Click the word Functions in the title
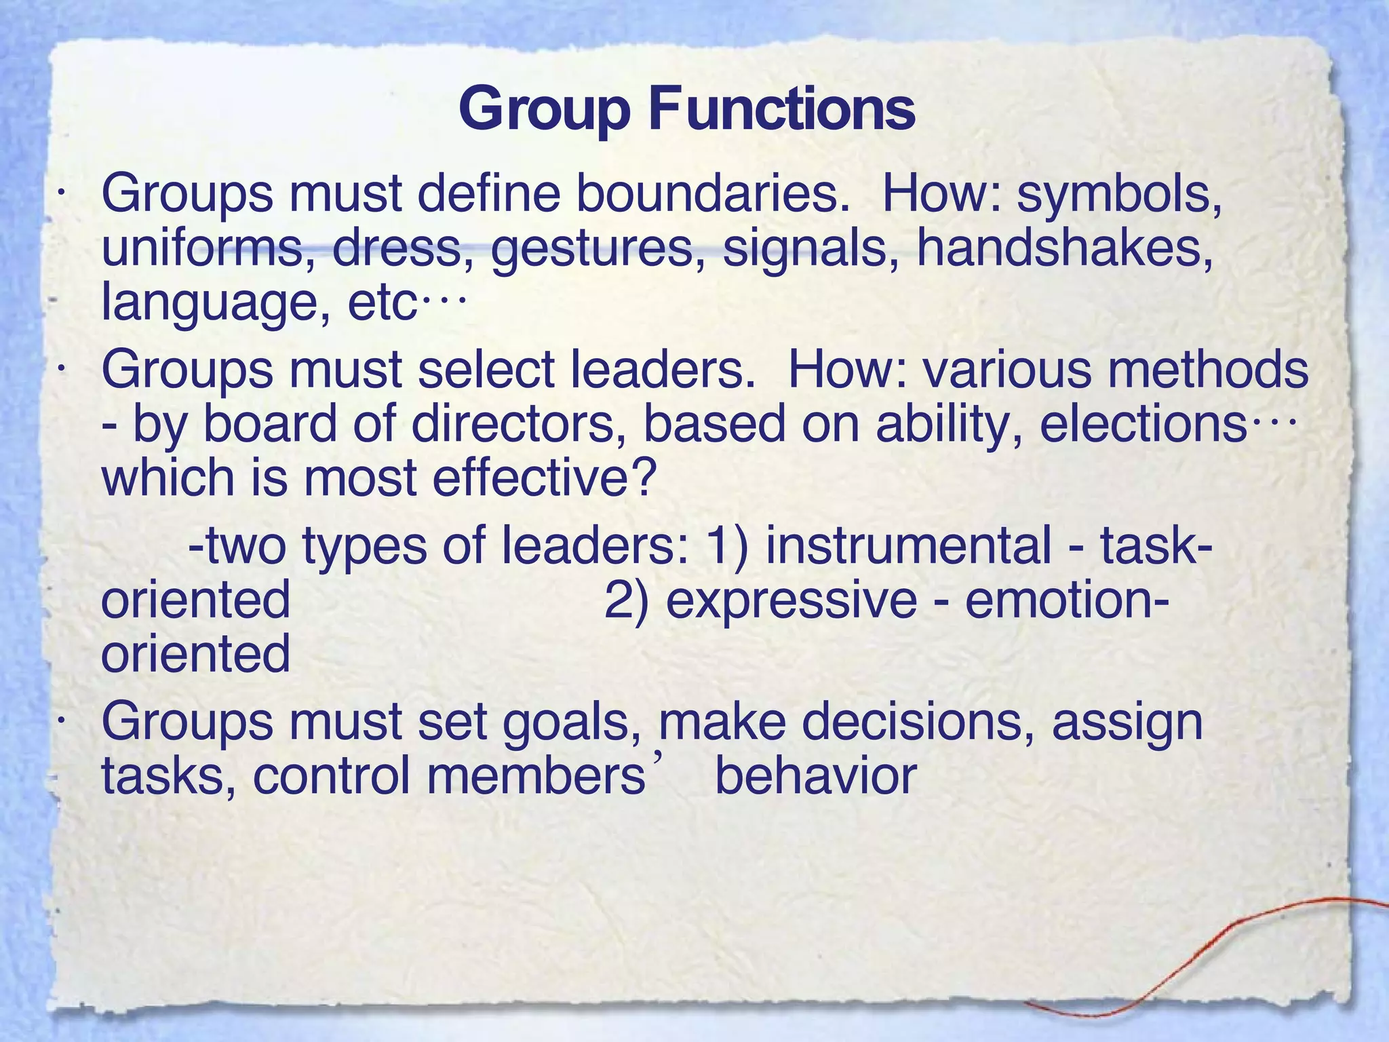[781, 110]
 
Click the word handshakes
[1064, 248]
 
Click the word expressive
[791, 601]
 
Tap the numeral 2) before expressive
[625, 601]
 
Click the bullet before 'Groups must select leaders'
[61, 370]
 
